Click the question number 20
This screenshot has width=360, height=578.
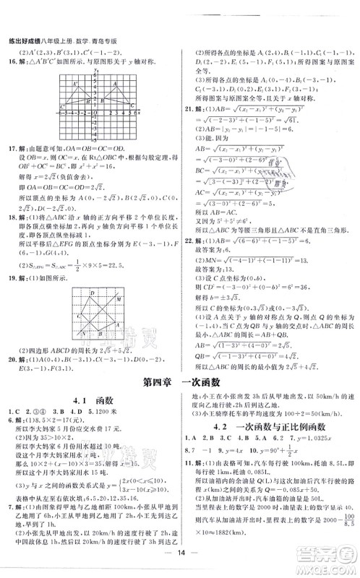pyautogui.click(x=9, y=358)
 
